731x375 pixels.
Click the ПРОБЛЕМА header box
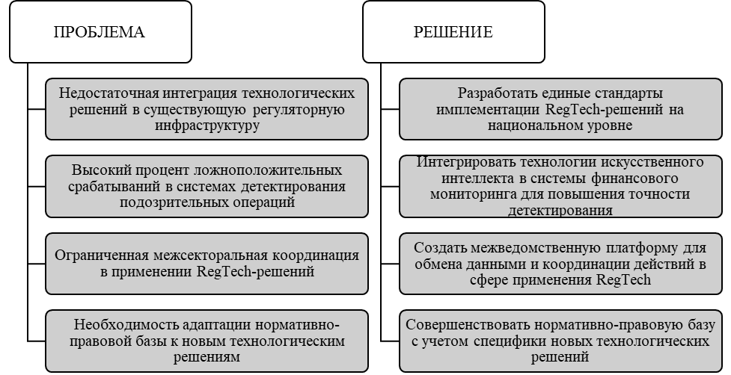pyautogui.click(x=100, y=32)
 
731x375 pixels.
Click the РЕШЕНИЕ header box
pyautogui.click(x=453, y=32)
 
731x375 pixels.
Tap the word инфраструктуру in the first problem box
pyautogui.click(x=207, y=125)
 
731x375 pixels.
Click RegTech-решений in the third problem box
pyautogui.click(x=255, y=271)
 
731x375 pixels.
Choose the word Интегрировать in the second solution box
pyautogui.click(x=465, y=163)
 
